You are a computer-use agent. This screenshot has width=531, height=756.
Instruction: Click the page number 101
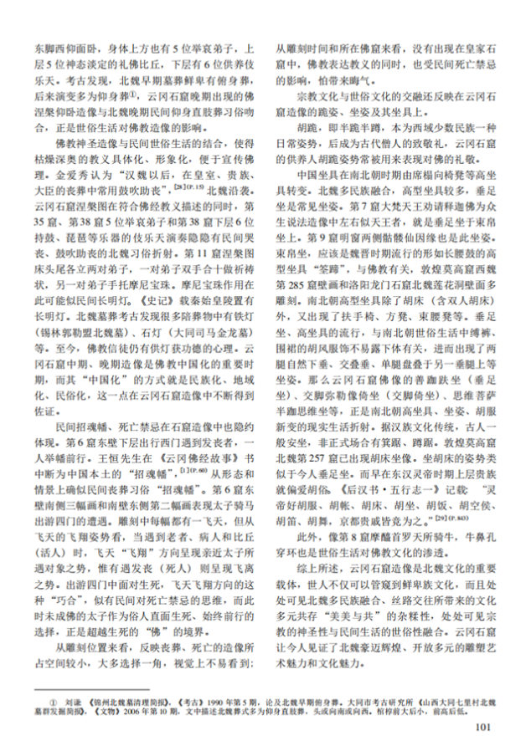(x=482, y=725)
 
